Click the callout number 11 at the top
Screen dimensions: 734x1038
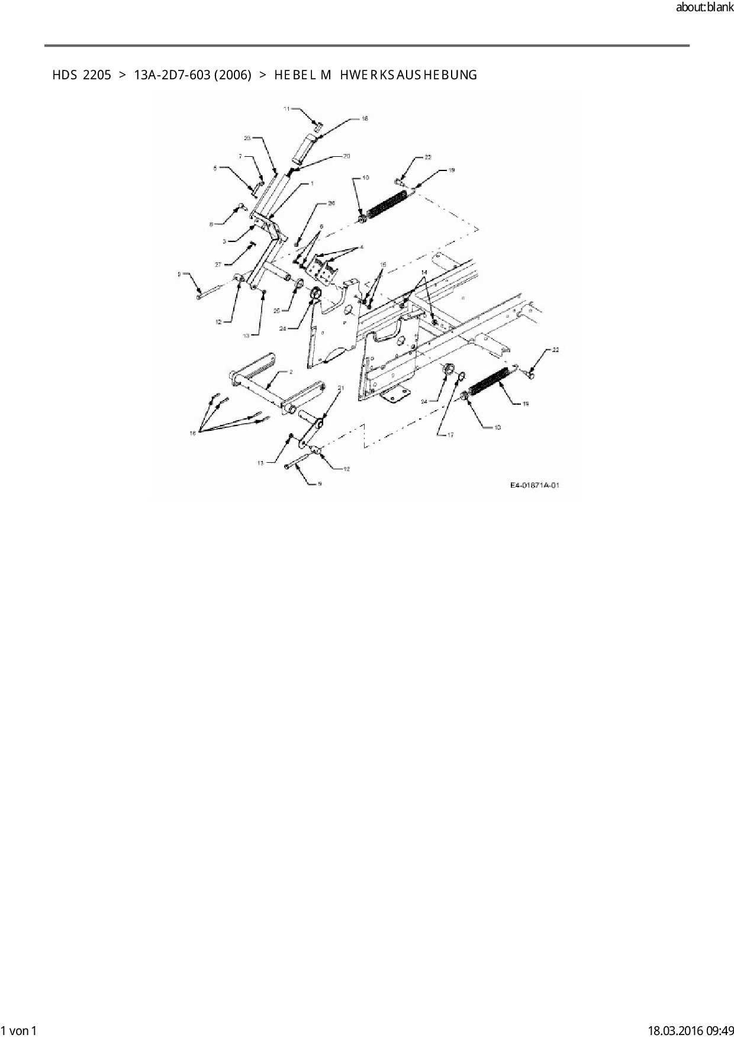click(286, 109)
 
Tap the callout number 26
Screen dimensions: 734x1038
click(331, 203)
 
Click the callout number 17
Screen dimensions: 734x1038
click(450, 435)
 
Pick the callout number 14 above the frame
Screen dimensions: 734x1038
click(423, 272)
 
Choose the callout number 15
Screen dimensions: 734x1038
click(383, 265)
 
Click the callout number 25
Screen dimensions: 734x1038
click(277, 310)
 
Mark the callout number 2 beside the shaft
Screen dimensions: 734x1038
click(291, 372)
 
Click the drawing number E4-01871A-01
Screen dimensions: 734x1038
click(535, 485)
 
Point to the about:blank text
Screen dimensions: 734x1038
click(704, 8)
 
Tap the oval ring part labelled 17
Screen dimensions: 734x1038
click(462, 376)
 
